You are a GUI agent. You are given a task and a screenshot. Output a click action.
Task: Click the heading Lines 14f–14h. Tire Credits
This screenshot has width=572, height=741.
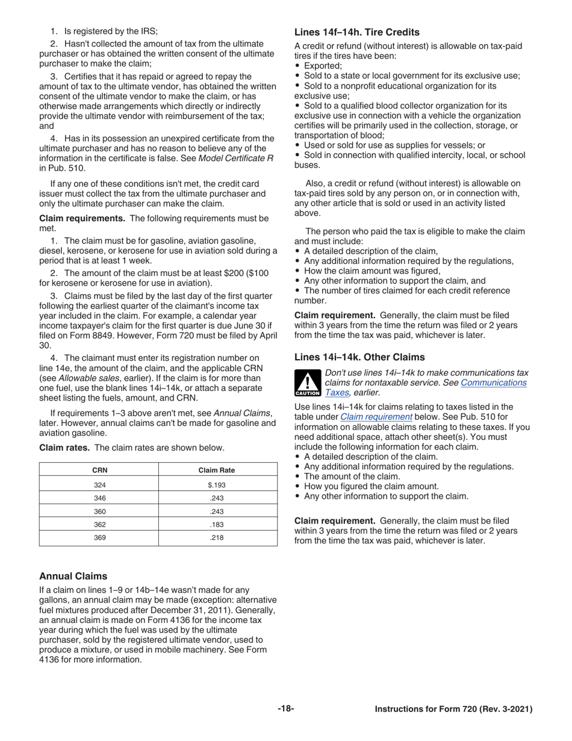click(x=356, y=33)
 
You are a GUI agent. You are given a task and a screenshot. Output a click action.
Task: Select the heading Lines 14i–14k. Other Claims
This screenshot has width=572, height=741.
click(x=359, y=357)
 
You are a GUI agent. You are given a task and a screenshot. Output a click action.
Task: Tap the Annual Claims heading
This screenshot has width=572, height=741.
click(x=73, y=576)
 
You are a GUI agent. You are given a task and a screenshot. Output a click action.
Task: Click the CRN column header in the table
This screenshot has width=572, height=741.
click(x=99, y=471)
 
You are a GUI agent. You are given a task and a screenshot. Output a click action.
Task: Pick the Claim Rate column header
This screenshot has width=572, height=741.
click(x=217, y=471)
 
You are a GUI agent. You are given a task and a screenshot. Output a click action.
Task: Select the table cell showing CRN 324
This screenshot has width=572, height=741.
click(x=99, y=484)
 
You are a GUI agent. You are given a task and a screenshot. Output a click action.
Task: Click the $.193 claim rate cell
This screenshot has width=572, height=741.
click(x=217, y=484)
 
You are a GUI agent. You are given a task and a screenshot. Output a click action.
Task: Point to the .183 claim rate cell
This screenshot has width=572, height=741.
click(x=217, y=525)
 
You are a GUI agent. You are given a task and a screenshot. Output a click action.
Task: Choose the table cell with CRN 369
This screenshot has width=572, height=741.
click(x=99, y=538)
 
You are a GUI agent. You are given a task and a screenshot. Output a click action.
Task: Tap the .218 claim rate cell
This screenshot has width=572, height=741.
click(x=217, y=538)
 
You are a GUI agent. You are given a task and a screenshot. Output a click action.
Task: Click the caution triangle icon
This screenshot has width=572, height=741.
click(x=307, y=383)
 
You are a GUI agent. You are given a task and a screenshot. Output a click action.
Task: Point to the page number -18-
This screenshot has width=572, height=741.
click(x=286, y=709)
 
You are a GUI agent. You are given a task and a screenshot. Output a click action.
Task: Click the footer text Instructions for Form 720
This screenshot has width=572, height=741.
click(x=453, y=710)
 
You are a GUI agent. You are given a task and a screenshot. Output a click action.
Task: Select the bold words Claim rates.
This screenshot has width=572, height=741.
click(x=64, y=448)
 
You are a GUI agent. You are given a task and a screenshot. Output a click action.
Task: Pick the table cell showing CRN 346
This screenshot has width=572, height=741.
click(x=99, y=498)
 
